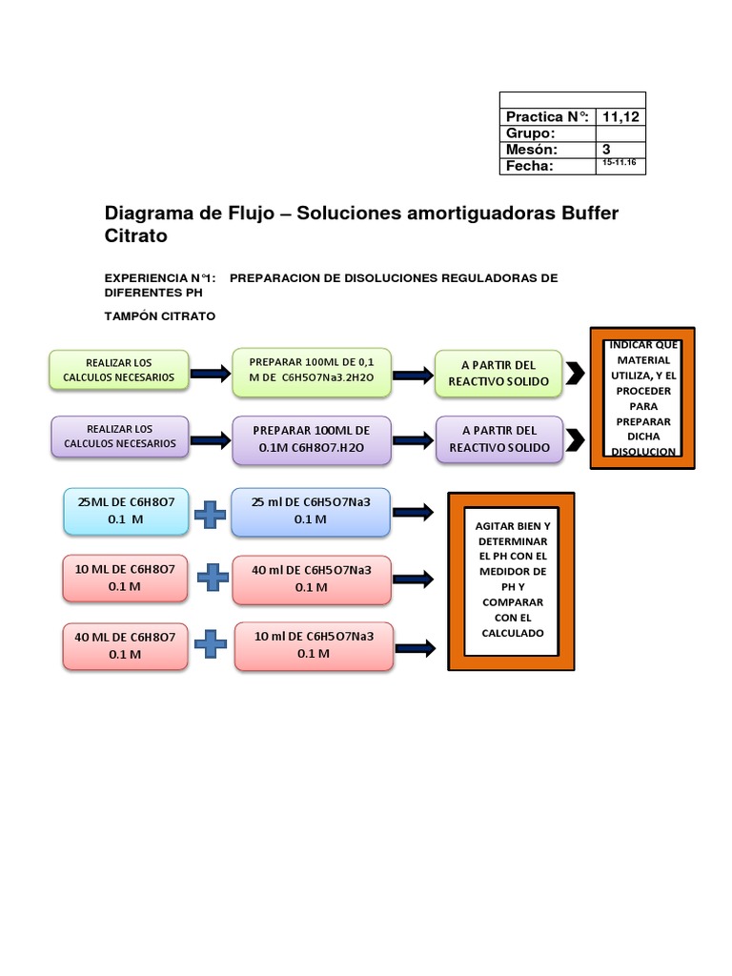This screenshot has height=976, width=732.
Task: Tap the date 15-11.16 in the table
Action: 620,165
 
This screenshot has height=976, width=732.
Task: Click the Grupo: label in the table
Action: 530,133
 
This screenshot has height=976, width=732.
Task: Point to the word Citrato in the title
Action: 135,235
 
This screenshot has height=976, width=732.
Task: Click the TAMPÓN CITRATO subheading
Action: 159,315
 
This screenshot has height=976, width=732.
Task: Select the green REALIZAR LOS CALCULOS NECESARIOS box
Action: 119,370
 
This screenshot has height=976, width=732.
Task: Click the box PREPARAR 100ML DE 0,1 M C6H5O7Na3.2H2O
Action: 312,371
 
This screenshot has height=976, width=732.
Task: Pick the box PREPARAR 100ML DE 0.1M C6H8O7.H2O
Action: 312,439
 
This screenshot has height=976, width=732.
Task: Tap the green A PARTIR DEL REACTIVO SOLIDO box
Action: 498,372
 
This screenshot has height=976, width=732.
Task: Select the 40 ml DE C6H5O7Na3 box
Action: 312,579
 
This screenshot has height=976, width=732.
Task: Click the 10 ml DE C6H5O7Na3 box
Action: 313,645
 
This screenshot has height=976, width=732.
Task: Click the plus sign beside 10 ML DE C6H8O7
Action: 213,577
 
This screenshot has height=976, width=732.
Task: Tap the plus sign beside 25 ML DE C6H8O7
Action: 210,514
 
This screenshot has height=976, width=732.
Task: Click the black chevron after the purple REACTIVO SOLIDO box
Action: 575,439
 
